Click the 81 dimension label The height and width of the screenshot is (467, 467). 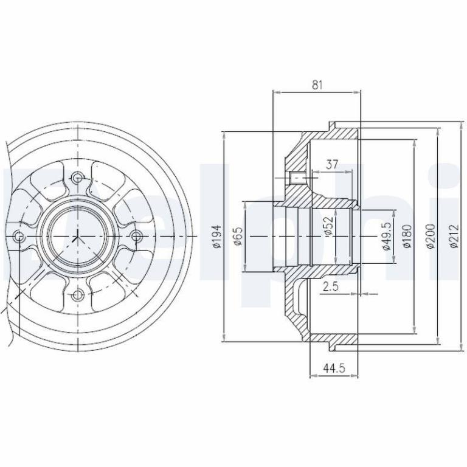[x=317, y=85]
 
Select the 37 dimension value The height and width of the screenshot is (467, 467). [x=332, y=164]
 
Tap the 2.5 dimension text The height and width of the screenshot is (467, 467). [x=331, y=286]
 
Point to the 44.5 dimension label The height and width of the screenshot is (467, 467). [x=334, y=368]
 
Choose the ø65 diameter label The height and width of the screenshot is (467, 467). [x=238, y=236]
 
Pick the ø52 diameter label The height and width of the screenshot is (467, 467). [x=328, y=226]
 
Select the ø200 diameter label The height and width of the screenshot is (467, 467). [x=431, y=236]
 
